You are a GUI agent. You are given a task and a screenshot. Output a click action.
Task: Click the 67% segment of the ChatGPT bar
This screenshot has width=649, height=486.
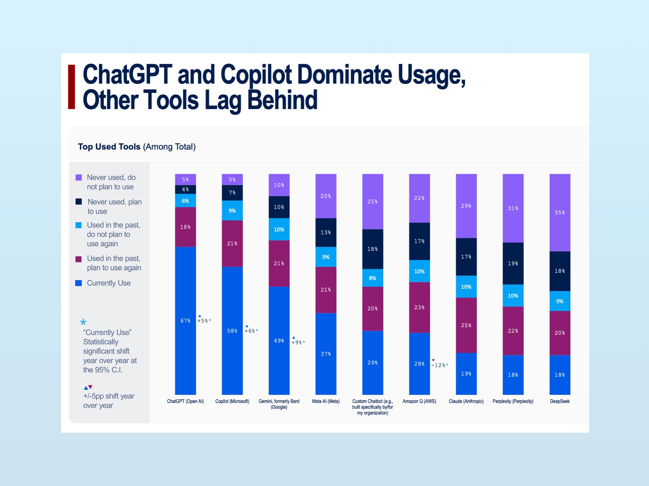pyautogui.click(x=185, y=321)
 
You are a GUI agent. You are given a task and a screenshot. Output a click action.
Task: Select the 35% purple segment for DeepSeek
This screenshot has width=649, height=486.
pyautogui.click(x=560, y=213)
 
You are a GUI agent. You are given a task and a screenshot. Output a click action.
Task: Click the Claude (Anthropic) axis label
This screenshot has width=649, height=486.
pyautogui.click(x=466, y=401)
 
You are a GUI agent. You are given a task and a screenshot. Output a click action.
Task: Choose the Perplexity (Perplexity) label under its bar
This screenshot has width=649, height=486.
pyautogui.click(x=513, y=401)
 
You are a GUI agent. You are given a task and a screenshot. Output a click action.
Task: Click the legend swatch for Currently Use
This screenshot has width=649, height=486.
pyautogui.click(x=79, y=283)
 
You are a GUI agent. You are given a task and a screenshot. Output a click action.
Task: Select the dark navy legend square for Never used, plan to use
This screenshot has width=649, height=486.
pyautogui.click(x=79, y=202)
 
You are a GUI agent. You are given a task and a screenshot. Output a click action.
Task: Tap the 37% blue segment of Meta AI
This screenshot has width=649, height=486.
pyautogui.click(x=326, y=354)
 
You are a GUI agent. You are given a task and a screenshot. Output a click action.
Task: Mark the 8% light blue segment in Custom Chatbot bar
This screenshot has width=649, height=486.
pyautogui.click(x=372, y=278)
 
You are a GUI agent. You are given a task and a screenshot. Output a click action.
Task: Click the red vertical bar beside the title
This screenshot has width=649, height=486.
pyautogui.click(x=71, y=87)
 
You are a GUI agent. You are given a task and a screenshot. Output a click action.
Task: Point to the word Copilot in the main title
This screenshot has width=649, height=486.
pyautogui.click(x=256, y=75)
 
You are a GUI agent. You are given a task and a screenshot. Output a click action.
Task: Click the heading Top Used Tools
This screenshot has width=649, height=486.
pyautogui.click(x=109, y=147)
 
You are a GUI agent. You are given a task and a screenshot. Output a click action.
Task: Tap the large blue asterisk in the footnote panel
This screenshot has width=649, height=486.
pyautogui.click(x=83, y=322)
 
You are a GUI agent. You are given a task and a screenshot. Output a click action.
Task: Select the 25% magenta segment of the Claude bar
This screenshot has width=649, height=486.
pyautogui.click(x=466, y=325)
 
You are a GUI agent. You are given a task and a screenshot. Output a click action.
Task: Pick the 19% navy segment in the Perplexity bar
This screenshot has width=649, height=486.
pyautogui.click(x=513, y=263)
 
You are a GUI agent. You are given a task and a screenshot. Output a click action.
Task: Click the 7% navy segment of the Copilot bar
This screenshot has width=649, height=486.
pyautogui.click(x=232, y=193)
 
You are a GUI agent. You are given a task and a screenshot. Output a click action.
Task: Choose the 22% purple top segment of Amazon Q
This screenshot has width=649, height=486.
pyautogui.click(x=419, y=198)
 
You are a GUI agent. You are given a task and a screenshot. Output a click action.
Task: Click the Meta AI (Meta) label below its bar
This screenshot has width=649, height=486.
pyautogui.click(x=325, y=401)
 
